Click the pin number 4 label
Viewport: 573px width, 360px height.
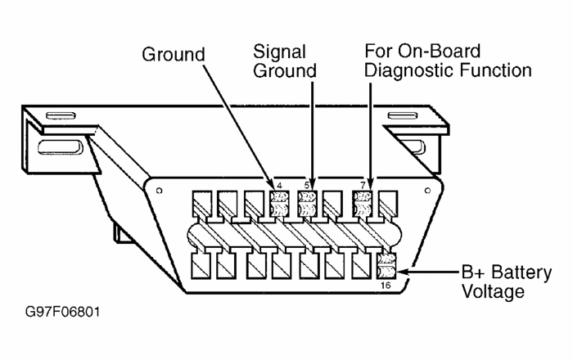click(x=280, y=186)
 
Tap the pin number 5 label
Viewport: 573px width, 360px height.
click(x=307, y=186)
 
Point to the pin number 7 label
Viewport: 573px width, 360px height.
click(x=363, y=186)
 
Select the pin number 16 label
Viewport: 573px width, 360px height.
click(x=386, y=286)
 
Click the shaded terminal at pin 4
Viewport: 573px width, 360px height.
click(x=279, y=204)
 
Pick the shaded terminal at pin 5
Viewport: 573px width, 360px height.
click(x=307, y=204)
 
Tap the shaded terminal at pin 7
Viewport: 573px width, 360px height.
click(x=363, y=204)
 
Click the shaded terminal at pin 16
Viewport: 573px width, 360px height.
click(x=386, y=266)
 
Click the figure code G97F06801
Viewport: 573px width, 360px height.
click(x=62, y=313)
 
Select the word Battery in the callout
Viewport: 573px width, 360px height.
click(x=521, y=273)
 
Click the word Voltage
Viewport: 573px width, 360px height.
click(x=493, y=292)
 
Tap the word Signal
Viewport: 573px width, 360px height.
click(x=280, y=52)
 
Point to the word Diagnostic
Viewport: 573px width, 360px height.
click(x=409, y=71)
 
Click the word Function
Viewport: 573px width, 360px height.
click(x=495, y=70)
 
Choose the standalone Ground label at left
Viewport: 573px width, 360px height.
click(x=174, y=56)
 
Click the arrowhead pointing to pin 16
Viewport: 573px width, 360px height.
click(x=402, y=272)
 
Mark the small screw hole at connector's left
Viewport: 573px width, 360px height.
click(x=159, y=191)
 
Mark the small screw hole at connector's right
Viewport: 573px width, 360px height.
click(x=428, y=190)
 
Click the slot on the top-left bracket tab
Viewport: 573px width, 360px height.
click(x=61, y=115)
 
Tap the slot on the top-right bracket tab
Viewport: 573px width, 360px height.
click(x=403, y=115)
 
